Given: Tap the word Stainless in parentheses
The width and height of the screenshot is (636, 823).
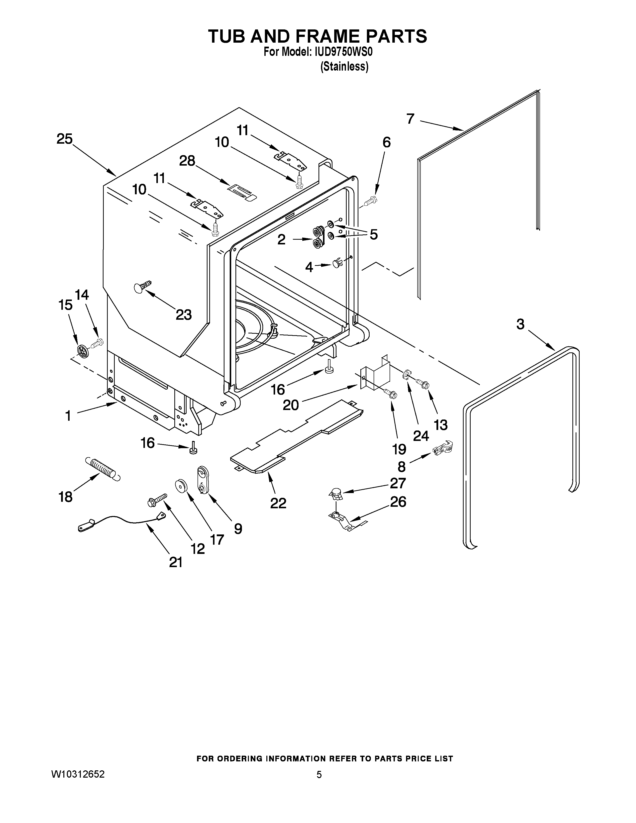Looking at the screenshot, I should pyautogui.click(x=344, y=66).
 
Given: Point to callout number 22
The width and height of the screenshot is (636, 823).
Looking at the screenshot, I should pyautogui.click(x=278, y=503).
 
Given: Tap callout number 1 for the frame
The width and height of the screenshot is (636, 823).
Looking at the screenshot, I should pyautogui.click(x=68, y=416).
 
